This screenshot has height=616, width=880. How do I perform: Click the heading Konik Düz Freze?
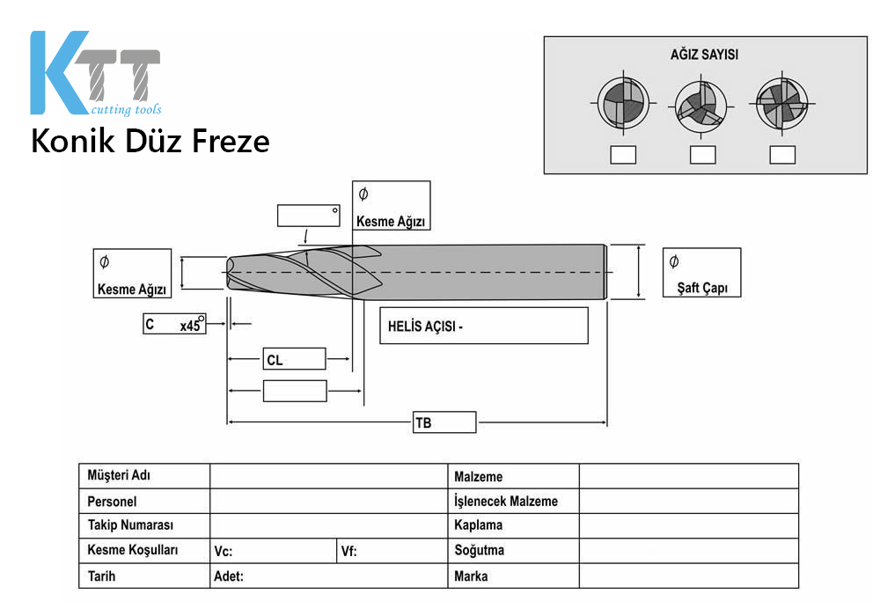click(x=150, y=141)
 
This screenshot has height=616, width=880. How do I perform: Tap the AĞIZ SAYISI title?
click(x=704, y=55)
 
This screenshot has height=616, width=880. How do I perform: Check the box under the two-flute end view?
click(x=623, y=155)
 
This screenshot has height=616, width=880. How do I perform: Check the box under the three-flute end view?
click(x=702, y=155)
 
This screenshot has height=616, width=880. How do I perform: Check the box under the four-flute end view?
click(x=782, y=155)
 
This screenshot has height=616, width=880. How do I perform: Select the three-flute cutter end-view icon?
click(x=701, y=106)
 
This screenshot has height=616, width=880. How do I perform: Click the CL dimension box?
click(x=294, y=359)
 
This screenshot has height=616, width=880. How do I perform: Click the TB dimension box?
click(x=444, y=422)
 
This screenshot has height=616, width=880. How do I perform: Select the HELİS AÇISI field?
click(x=484, y=326)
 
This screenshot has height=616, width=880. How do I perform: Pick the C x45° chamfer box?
click(x=174, y=324)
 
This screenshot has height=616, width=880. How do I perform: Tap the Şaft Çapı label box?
click(x=701, y=273)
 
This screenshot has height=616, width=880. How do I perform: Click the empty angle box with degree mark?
click(x=309, y=216)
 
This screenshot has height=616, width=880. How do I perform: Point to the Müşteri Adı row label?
click(x=119, y=475)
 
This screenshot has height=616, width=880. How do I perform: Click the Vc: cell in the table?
click(x=274, y=551)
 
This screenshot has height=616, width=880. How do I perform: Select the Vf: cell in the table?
click(x=392, y=551)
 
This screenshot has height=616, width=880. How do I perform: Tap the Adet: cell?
click(x=329, y=576)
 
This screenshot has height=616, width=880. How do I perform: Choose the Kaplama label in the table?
click(x=478, y=525)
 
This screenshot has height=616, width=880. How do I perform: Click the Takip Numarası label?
click(x=131, y=525)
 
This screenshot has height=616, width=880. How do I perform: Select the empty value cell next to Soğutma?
click(x=689, y=551)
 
